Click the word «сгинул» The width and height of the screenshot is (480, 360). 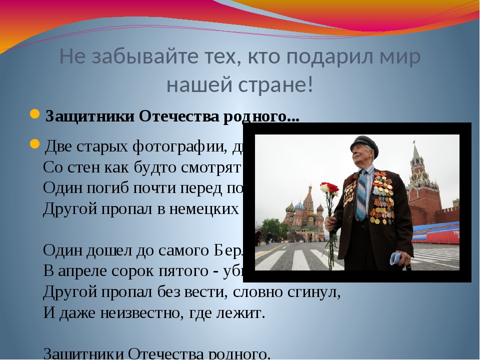310,291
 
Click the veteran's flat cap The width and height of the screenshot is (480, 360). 363,142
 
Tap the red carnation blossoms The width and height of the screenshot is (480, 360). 330,189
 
